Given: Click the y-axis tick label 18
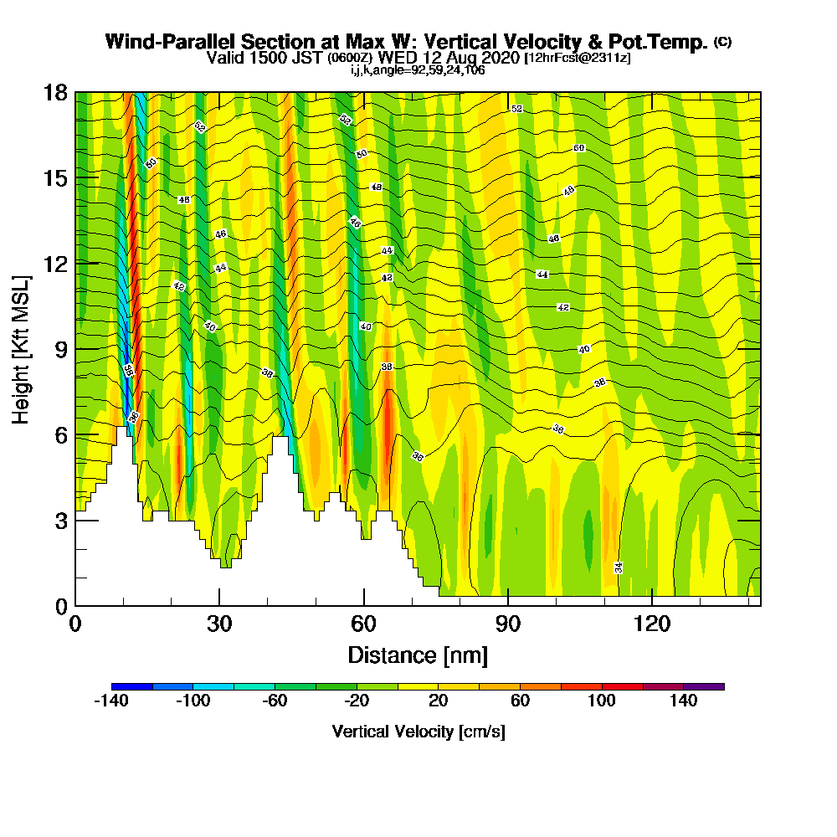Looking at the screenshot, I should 55,92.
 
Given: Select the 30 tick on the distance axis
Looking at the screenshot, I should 218,624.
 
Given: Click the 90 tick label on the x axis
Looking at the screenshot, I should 508,624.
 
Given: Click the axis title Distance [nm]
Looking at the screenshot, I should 418,654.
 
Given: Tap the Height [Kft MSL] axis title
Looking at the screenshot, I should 22,348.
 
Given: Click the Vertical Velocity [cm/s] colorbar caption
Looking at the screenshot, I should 418,732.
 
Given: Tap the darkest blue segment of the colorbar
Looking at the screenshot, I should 131,686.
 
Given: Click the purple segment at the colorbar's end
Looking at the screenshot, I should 704,686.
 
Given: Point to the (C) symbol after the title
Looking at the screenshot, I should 722,42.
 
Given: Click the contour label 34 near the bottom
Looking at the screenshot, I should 619,567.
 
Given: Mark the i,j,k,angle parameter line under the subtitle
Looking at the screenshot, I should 418,69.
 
